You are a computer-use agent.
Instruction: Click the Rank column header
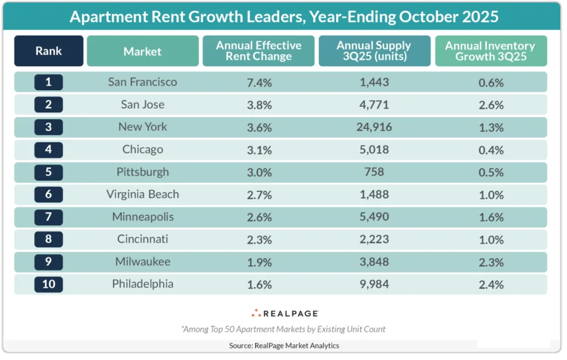[x=49, y=52]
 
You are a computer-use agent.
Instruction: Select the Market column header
[x=142, y=52]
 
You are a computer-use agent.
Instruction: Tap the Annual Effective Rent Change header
[x=259, y=52]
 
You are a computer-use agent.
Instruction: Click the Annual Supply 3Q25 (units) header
[x=374, y=52]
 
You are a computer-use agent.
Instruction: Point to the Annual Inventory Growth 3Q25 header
[x=491, y=52]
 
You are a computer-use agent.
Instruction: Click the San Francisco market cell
[x=142, y=82]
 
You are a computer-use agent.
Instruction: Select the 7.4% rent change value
[x=259, y=83]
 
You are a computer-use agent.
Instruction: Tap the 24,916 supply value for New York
[x=374, y=127]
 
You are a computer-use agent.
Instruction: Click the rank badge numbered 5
[x=49, y=172]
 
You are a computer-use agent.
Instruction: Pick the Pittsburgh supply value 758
[x=374, y=172]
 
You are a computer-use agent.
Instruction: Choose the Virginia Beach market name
[x=142, y=194]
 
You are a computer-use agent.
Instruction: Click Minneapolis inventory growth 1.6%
[x=491, y=217]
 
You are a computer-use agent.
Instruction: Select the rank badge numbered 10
[x=49, y=284]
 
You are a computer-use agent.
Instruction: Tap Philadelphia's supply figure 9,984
[x=374, y=284]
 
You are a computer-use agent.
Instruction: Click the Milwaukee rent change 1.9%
[x=259, y=262]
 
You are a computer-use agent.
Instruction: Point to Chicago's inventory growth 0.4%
[x=491, y=150]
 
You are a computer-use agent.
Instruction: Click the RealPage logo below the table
[x=284, y=313]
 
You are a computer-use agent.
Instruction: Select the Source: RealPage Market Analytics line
[x=284, y=346]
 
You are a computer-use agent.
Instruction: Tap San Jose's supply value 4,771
[x=374, y=105]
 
